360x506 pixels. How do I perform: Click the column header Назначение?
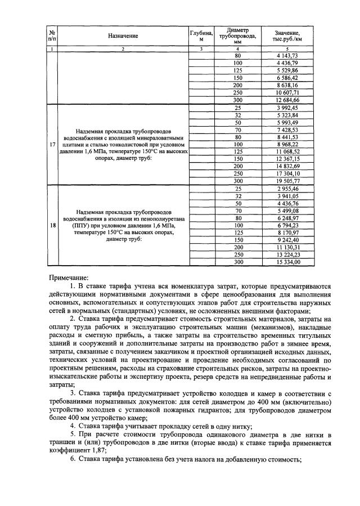tap(123, 36)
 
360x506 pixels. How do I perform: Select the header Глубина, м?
tap(201, 36)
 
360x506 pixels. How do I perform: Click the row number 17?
tap(52, 144)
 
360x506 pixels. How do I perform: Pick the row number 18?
tap(52, 225)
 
